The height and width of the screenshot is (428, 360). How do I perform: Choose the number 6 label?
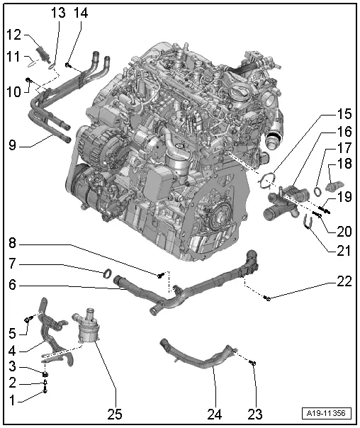tap(13, 286)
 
